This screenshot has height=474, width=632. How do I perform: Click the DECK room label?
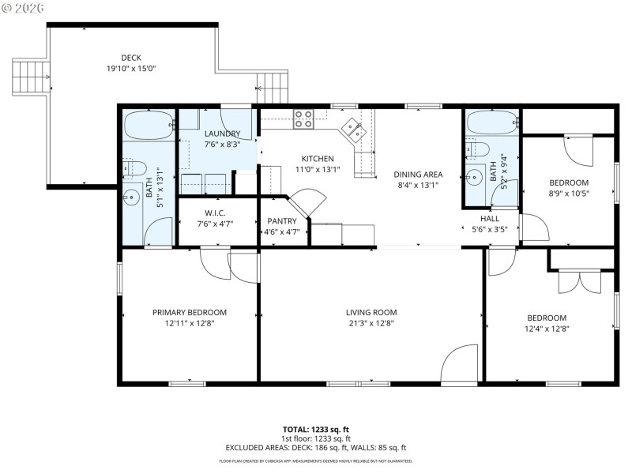(x=132, y=57)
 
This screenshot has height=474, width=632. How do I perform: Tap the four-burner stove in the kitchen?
(x=304, y=118)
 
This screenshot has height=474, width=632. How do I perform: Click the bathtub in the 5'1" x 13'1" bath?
(x=148, y=125)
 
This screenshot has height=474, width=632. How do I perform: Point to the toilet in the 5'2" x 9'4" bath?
(x=478, y=149)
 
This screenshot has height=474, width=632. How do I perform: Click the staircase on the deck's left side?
(x=24, y=77)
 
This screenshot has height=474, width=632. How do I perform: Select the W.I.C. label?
(x=216, y=213)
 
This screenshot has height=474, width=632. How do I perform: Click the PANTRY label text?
(x=282, y=221)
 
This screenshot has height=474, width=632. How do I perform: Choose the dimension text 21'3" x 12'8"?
(x=371, y=322)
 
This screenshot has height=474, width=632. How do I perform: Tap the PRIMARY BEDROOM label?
(x=190, y=312)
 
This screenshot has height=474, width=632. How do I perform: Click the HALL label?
(x=490, y=218)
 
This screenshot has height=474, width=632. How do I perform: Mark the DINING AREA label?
(x=419, y=175)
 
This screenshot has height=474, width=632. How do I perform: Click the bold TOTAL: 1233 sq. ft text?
(x=316, y=431)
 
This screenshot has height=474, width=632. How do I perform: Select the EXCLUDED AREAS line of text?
(x=316, y=447)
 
